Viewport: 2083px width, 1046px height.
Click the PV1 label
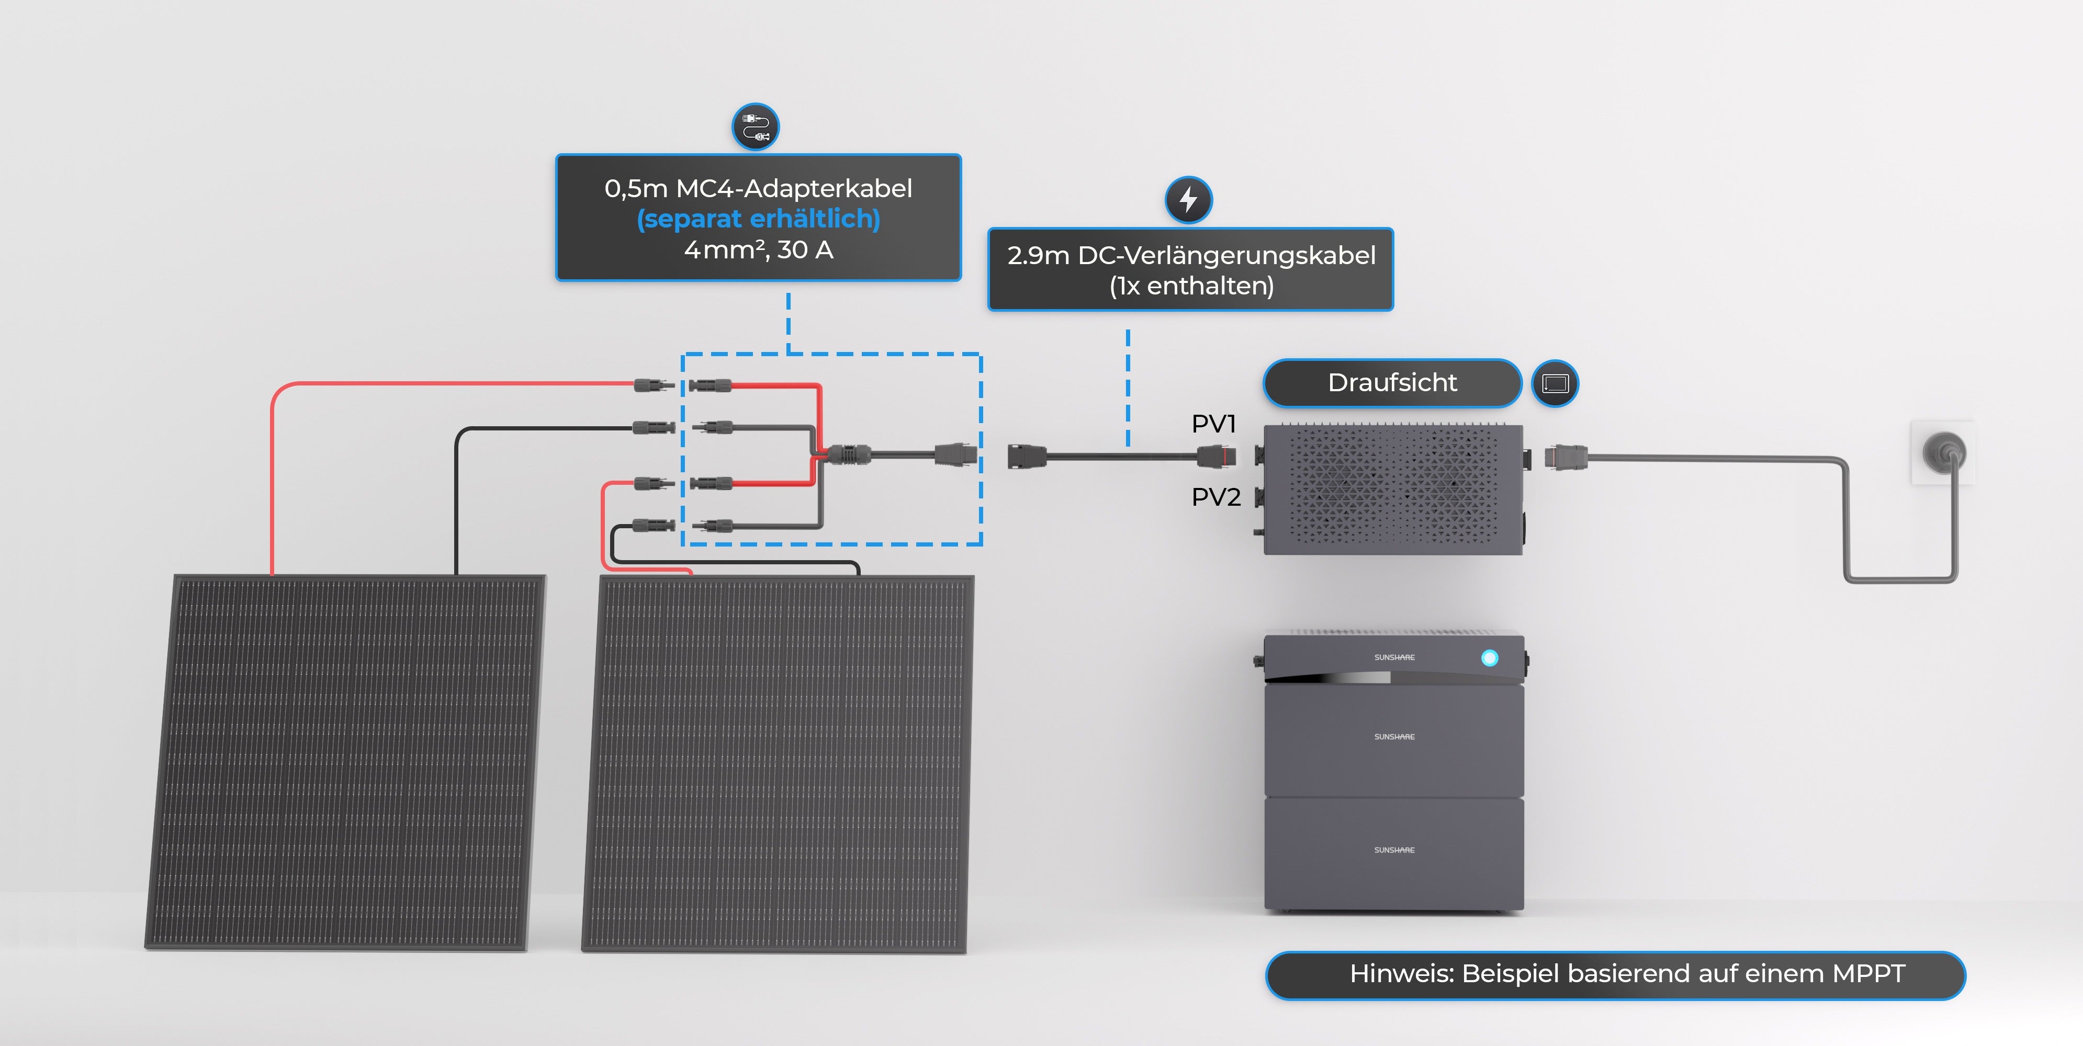pyautogui.click(x=1213, y=424)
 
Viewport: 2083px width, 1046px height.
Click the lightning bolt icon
pyautogui.click(x=1187, y=199)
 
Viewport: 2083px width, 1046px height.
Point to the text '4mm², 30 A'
pyautogui.click(x=758, y=250)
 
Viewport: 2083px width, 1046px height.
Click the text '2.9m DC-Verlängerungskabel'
pyautogui.click(x=1190, y=255)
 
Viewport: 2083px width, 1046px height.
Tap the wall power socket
pyautogui.click(x=1943, y=453)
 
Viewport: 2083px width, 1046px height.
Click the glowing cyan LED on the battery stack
pyautogui.click(x=1489, y=657)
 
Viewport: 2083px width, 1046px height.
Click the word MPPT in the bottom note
pyautogui.click(x=1868, y=973)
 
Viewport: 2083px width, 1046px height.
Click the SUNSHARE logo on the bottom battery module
pyautogui.click(x=1393, y=849)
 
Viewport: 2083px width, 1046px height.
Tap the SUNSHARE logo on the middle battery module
pyautogui.click(x=1393, y=736)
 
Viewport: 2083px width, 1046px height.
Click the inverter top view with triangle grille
pyautogui.click(x=1392, y=488)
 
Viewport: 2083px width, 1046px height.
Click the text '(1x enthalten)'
pyautogui.click(x=1190, y=286)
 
